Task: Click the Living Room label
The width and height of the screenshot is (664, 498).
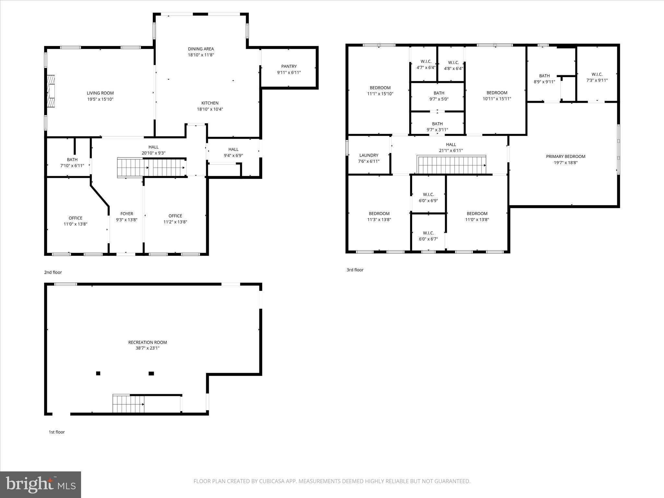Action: pyautogui.click(x=100, y=93)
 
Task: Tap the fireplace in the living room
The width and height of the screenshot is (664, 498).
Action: pyautogui.click(x=51, y=91)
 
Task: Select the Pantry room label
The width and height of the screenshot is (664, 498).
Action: pyautogui.click(x=289, y=66)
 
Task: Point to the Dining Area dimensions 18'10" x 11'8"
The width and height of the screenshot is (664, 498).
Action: pyautogui.click(x=201, y=55)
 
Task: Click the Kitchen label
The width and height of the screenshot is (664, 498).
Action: pyautogui.click(x=210, y=103)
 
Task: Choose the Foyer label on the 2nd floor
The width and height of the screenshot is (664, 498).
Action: pyautogui.click(x=126, y=214)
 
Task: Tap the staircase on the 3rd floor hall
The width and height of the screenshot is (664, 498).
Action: pyautogui.click(x=452, y=165)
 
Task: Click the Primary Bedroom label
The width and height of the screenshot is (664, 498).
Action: pyautogui.click(x=565, y=157)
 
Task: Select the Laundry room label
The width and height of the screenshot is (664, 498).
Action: pyautogui.click(x=369, y=155)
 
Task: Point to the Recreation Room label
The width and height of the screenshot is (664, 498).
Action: pyautogui.click(x=148, y=342)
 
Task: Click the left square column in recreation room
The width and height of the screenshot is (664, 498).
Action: pyautogui.click(x=98, y=373)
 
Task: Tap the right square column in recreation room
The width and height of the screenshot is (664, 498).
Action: pyautogui.click(x=151, y=373)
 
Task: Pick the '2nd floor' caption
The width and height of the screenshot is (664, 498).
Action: pyautogui.click(x=53, y=272)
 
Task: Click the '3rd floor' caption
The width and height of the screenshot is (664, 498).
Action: pyautogui.click(x=355, y=270)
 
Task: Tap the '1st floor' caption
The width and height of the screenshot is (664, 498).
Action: pyautogui.click(x=57, y=432)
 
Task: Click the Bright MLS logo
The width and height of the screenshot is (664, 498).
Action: pyautogui.click(x=41, y=484)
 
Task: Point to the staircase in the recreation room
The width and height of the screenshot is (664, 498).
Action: pyautogui.click(x=128, y=404)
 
